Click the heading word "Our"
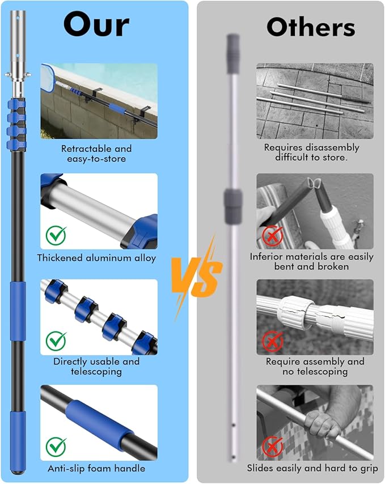[x=96, y=25]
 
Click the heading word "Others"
[x=311, y=27]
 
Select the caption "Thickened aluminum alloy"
[x=96, y=258]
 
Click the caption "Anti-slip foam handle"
[x=96, y=468]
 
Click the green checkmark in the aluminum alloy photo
[x=56, y=235]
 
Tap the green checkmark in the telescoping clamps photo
[x=56, y=341]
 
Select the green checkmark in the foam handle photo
[x=56, y=446]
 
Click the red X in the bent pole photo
[x=273, y=235]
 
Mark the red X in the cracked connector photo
[x=273, y=341]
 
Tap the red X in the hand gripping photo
[x=273, y=446]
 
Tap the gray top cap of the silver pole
[x=233, y=54]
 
